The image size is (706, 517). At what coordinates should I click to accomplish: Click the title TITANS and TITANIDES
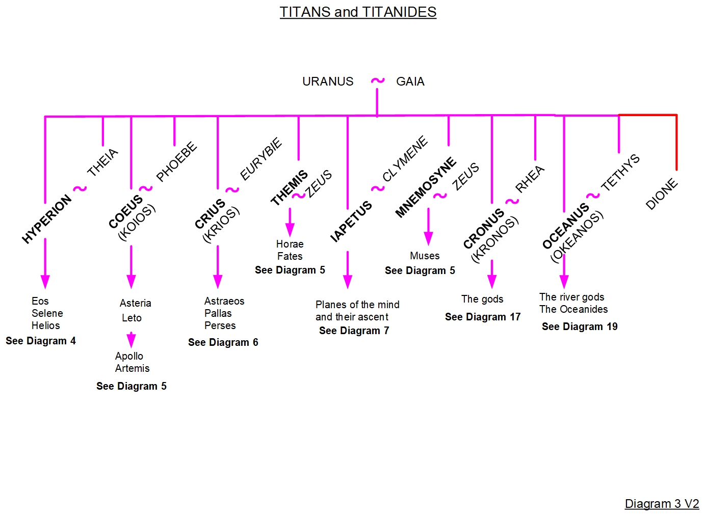[358, 12]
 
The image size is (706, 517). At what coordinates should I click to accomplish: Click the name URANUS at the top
[328, 81]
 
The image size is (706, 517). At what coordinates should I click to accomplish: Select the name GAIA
[410, 81]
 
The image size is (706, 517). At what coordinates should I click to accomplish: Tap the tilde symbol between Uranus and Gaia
[377, 80]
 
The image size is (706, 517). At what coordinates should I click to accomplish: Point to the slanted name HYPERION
[47, 219]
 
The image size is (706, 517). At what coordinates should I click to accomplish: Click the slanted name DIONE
[662, 194]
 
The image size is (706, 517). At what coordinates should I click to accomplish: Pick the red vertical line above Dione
[676, 143]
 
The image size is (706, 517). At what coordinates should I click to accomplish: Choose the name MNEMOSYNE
[426, 187]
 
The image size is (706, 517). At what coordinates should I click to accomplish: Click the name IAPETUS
[351, 222]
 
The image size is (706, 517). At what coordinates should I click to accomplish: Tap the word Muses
[425, 256]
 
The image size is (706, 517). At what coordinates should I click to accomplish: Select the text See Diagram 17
[483, 317]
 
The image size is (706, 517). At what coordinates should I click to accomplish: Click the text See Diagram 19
[580, 326]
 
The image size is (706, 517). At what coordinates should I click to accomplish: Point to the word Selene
[47, 313]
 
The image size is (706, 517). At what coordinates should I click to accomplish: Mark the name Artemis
[133, 368]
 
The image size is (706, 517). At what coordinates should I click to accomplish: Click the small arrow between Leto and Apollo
[131, 340]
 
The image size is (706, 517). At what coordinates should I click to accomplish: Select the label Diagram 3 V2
[662, 504]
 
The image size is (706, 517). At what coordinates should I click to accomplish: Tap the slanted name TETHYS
[620, 173]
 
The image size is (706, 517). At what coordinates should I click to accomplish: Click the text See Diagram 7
[354, 331]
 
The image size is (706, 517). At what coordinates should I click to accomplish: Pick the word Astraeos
[224, 301]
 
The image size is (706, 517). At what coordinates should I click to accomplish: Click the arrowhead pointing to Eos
[45, 281]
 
